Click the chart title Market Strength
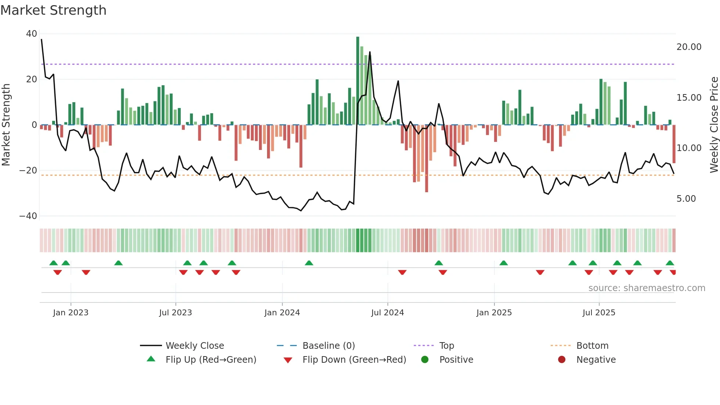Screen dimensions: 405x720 (53, 10)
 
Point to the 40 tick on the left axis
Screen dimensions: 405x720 (32, 34)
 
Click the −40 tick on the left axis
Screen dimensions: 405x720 (28, 216)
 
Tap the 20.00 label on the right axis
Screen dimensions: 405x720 (689, 47)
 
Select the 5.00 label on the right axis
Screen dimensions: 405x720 (686, 199)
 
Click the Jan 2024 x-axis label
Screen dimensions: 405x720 (282, 313)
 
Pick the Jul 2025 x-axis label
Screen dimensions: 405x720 (598, 313)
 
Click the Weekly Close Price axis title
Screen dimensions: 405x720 (714, 125)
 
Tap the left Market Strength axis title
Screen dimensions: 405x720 (6, 125)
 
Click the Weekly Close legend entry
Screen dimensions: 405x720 (194, 346)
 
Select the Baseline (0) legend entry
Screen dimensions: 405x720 (328, 346)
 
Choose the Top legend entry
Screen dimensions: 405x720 (446, 346)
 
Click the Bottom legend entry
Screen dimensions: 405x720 (592, 346)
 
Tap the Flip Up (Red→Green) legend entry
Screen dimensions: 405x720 (210, 360)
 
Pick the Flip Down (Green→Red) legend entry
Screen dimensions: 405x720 (354, 360)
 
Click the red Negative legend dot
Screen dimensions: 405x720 (561, 360)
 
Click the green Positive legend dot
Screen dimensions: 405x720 (425, 360)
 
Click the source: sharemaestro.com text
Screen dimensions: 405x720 (647, 288)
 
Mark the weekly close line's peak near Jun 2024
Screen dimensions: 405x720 (370, 52)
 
